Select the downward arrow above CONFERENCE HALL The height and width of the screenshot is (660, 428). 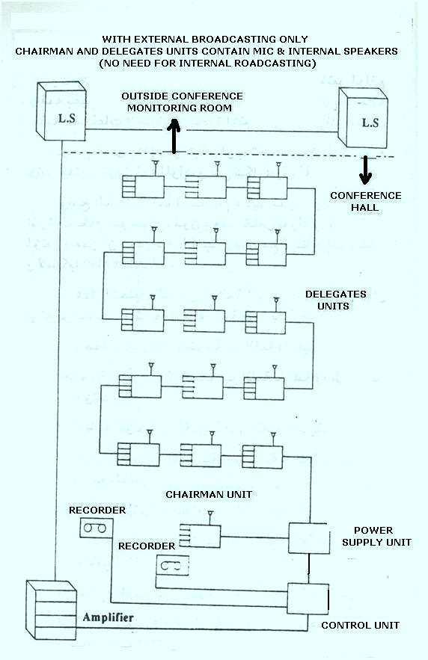tap(366, 170)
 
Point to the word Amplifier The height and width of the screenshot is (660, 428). tap(108, 617)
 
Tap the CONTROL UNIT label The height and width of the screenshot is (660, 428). tap(360, 625)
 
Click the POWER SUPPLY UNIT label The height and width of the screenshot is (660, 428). tap(377, 536)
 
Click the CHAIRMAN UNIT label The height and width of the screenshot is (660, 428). tap(209, 494)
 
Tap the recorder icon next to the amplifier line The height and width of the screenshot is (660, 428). tap(94, 528)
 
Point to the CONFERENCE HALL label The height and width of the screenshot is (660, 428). tap(366, 201)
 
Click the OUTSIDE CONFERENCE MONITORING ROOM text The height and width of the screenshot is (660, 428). tap(182, 102)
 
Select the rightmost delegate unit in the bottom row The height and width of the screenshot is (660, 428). tap(262, 455)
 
